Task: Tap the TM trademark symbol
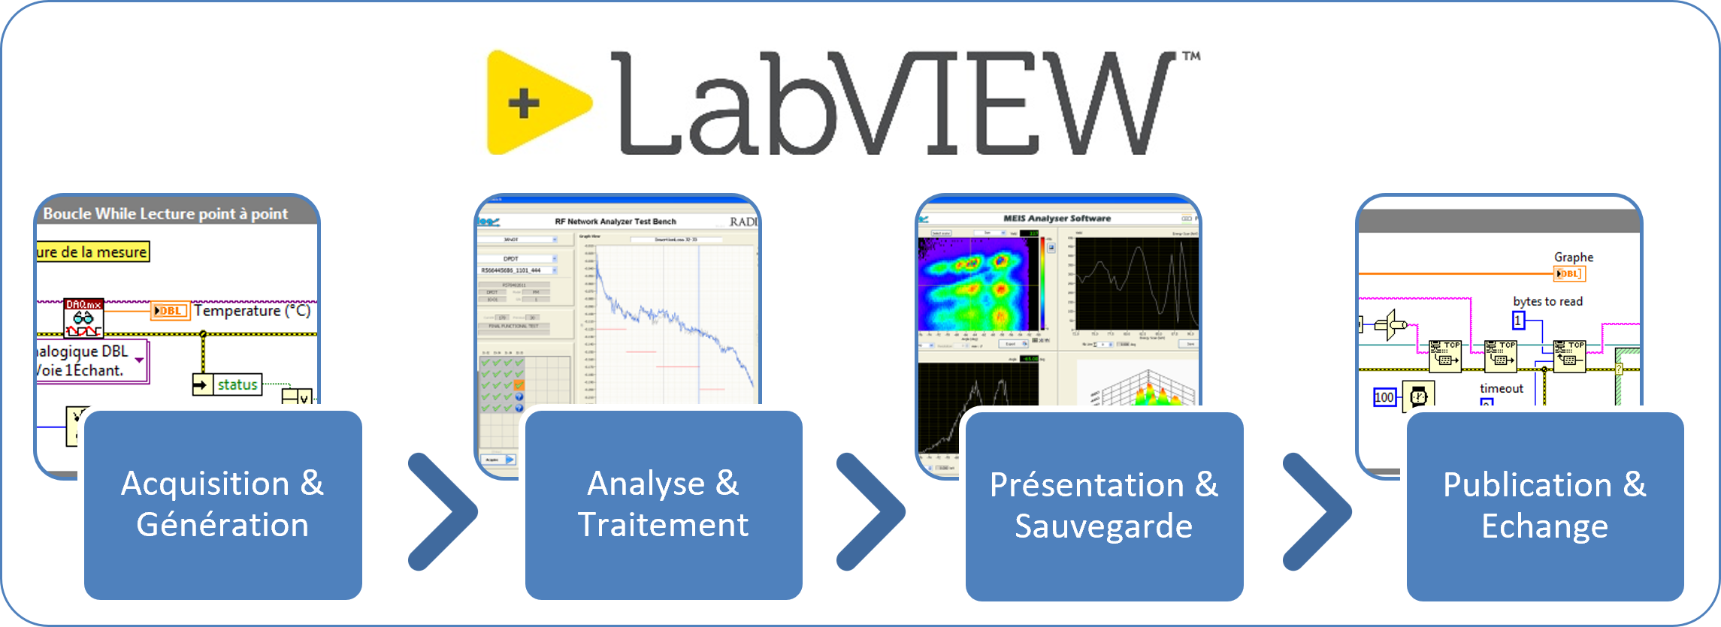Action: [x=1191, y=56]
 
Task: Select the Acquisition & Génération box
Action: [x=222, y=505]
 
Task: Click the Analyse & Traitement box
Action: [x=664, y=505]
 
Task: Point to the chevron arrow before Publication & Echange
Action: [x=1316, y=511]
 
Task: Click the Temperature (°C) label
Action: [x=252, y=311]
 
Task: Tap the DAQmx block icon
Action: [x=83, y=318]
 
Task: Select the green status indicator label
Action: [x=237, y=384]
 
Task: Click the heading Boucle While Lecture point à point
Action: [x=165, y=214]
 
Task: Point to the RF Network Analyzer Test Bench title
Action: [x=616, y=222]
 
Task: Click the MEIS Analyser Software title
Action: [x=1057, y=219]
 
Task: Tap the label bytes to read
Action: [x=1547, y=301]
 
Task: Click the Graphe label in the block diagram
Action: [x=1573, y=257]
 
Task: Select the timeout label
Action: [x=1501, y=388]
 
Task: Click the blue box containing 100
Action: [x=1384, y=397]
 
